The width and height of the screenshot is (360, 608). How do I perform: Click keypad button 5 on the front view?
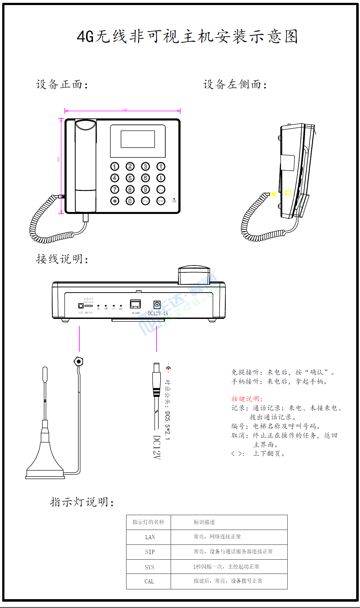[x=130, y=178]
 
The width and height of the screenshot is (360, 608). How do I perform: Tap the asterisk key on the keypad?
[x=115, y=201]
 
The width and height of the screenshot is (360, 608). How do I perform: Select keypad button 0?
[x=130, y=201]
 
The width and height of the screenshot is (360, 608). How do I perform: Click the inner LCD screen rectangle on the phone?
[x=138, y=139]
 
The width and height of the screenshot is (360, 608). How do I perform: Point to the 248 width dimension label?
[x=125, y=110]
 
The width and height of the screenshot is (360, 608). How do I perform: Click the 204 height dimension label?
[x=58, y=160]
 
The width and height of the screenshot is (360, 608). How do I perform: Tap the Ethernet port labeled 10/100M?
[x=136, y=304]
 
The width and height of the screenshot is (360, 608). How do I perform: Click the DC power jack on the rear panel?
[x=157, y=305]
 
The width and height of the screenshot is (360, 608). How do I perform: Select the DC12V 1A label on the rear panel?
[x=158, y=313]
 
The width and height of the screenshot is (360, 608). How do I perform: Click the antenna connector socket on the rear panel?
[x=81, y=306]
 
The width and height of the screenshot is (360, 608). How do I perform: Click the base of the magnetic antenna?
[x=45, y=473]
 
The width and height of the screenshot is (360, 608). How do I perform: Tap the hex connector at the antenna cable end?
[x=78, y=361]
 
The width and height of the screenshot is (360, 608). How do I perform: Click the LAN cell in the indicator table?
[x=150, y=537]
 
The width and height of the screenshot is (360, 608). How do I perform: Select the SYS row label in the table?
[x=149, y=567]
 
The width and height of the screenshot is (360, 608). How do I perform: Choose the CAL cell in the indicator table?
[x=149, y=581]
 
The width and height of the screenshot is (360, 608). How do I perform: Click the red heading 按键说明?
[x=247, y=399]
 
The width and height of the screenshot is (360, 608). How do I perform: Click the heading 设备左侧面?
[x=235, y=84]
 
